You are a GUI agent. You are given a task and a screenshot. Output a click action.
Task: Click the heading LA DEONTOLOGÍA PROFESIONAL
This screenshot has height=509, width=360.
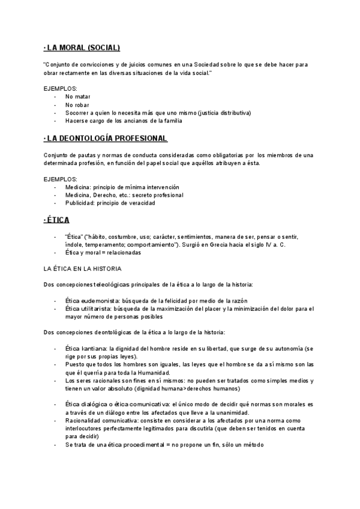coord(106,139)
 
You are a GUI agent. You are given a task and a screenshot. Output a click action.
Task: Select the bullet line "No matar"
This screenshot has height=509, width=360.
coord(77,95)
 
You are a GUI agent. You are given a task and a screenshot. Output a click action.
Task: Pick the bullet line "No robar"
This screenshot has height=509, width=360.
coord(77,104)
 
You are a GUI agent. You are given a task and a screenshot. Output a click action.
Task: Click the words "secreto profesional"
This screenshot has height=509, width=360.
coord(158,195)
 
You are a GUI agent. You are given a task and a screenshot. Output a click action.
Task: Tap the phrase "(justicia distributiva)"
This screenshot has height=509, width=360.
coord(217,112)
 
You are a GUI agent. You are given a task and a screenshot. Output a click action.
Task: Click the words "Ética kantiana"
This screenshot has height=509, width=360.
coord(82,349)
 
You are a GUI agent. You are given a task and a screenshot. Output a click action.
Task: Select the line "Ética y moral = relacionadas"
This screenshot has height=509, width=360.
coord(103,253)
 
